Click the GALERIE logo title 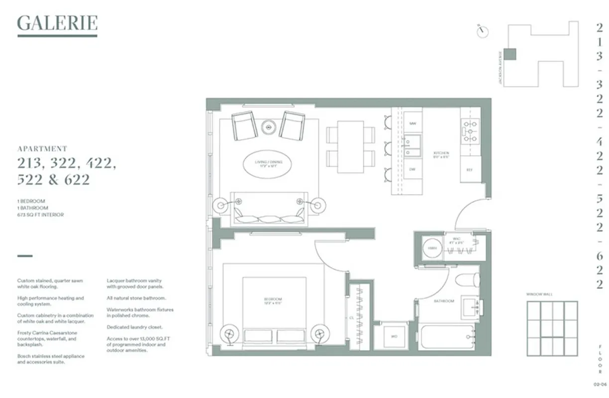(x=57, y=23)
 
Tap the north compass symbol (x=482, y=31)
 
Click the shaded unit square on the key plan (x=510, y=54)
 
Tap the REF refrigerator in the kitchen (x=470, y=169)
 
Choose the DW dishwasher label (x=412, y=169)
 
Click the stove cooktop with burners (x=470, y=130)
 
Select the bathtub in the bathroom (x=448, y=337)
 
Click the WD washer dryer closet (x=395, y=337)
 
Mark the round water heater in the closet (x=432, y=247)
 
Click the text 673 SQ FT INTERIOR (x=40, y=215)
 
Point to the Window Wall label (x=539, y=294)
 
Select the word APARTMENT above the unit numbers (x=42, y=148)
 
